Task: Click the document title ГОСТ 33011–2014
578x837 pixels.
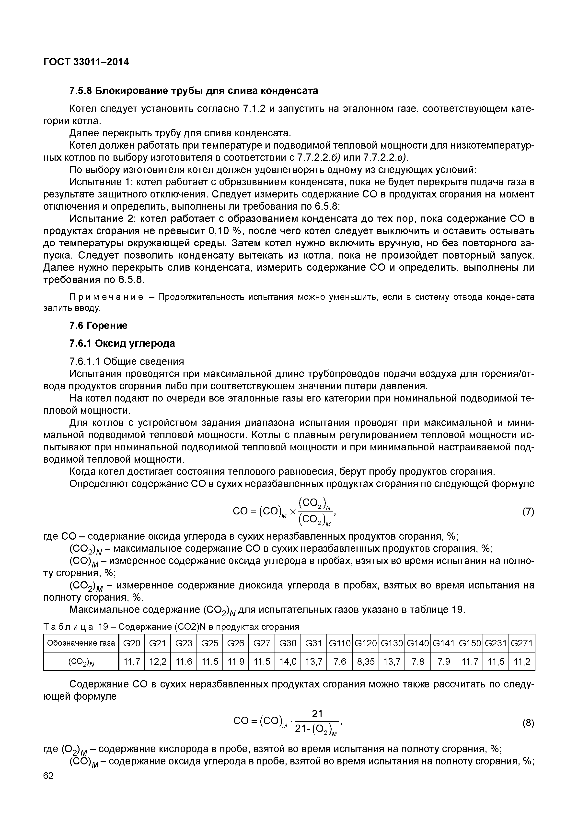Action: pyautogui.click(x=86, y=62)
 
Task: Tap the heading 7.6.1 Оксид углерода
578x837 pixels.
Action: pyautogui.click(x=122, y=343)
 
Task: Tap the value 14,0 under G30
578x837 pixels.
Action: pyautogui.click(x=288, y=662)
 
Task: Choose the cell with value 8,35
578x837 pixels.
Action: pyautogui.click(x=366, y=662)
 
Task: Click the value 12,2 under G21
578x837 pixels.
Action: pyautogui.click(x=158, y=662)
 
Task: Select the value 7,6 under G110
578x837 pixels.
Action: pyautogui.click(x=339, y=662)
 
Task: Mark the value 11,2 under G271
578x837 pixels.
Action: pyautogui.click(x=522, y=662)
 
